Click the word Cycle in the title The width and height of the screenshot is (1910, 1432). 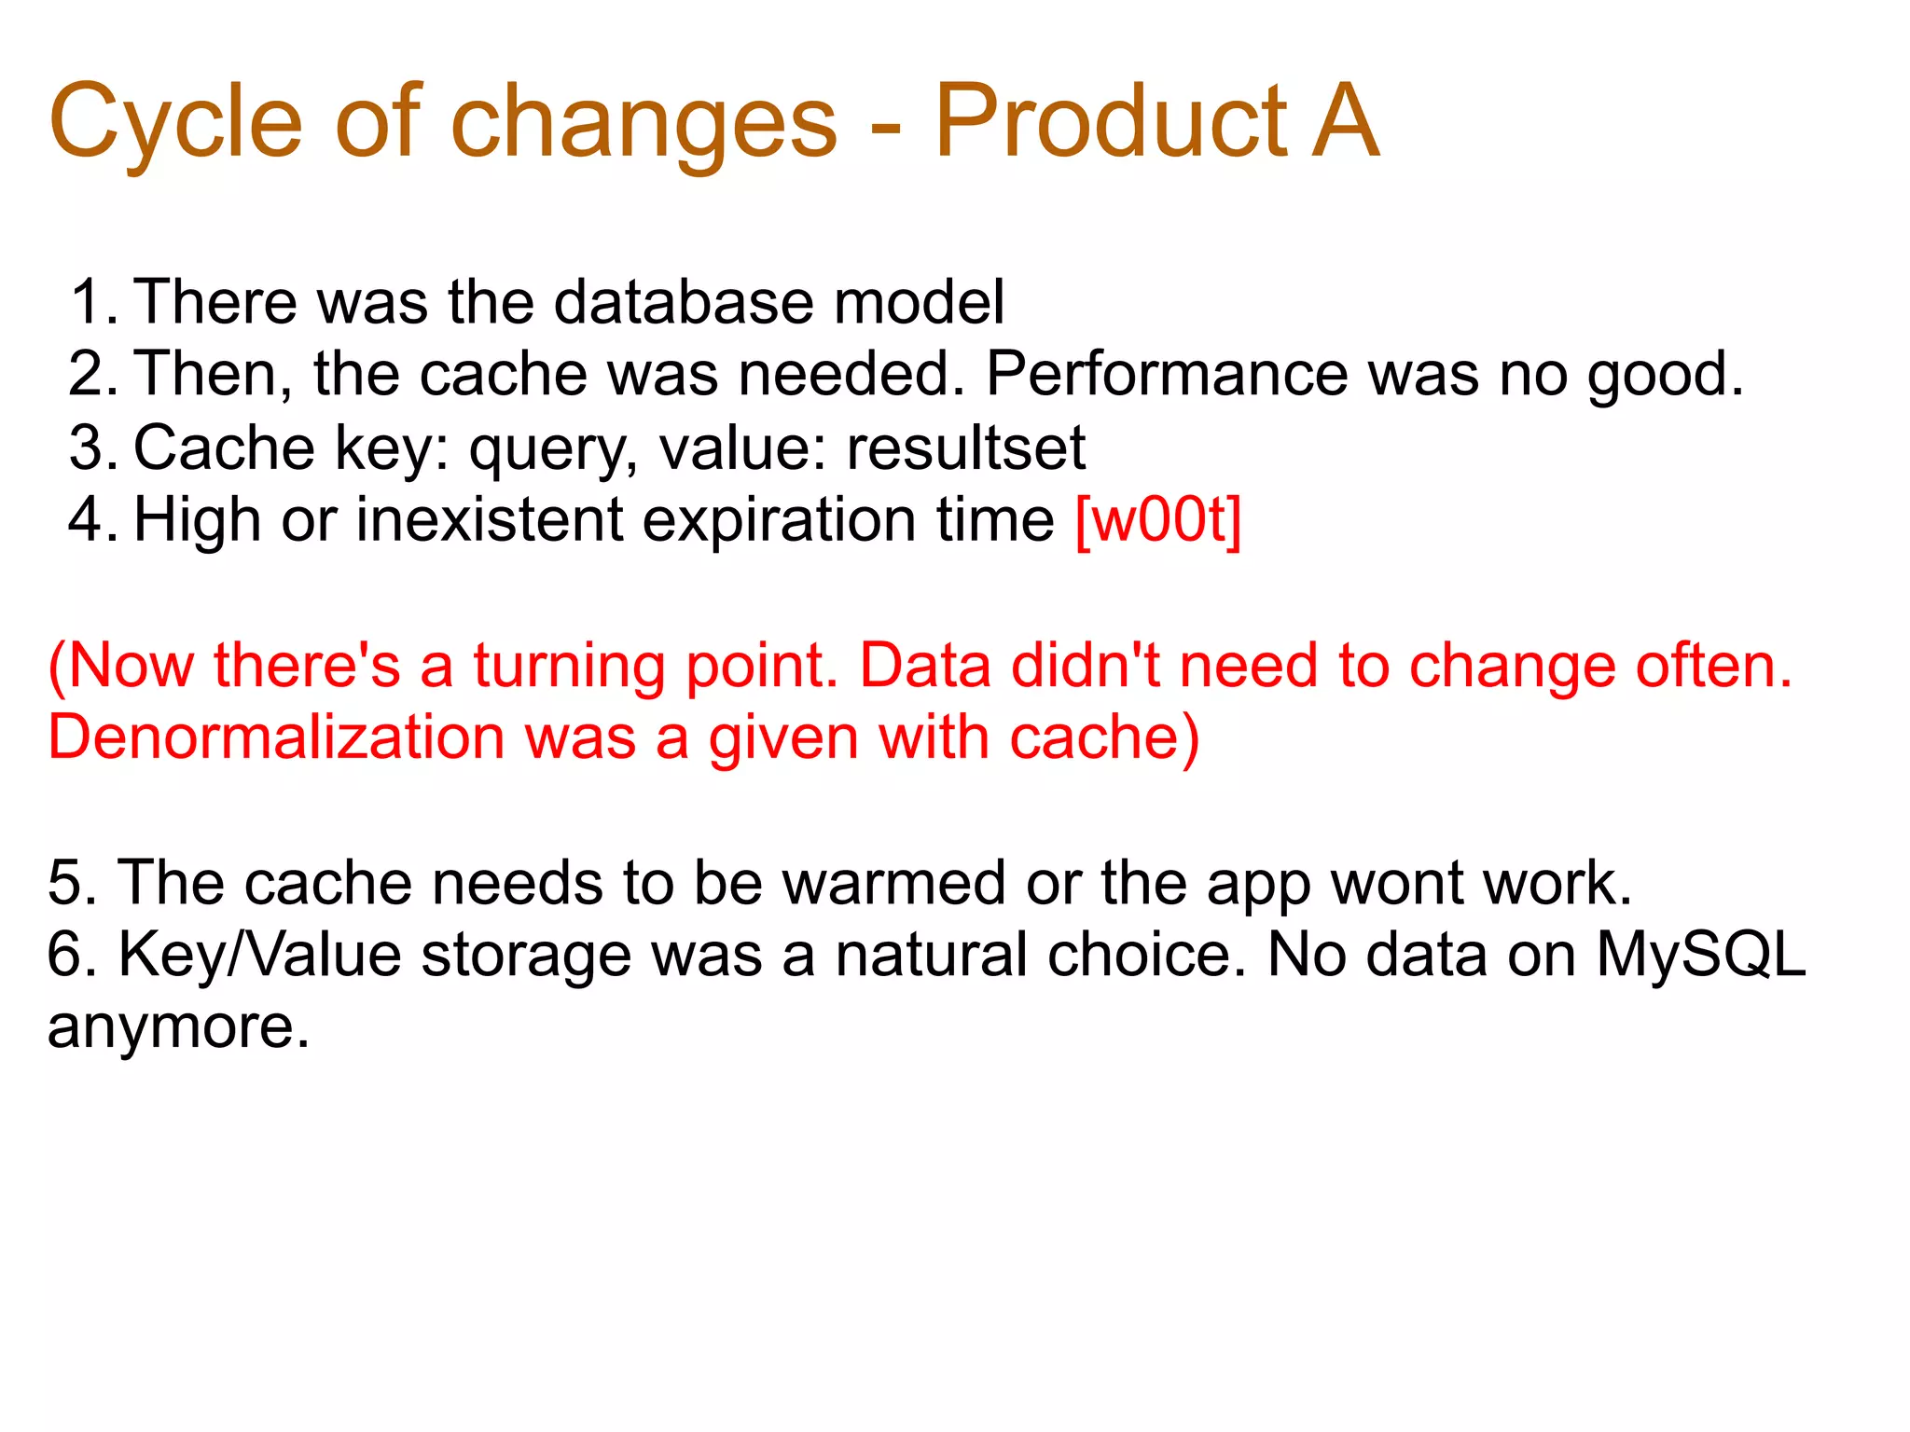click(175, 121)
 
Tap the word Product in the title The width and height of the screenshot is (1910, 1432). click(1111, 121)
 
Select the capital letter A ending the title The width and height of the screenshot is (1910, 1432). click(1344, 121)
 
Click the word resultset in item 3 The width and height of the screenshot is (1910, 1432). click(965, 447)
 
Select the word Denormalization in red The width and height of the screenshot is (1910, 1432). click(276, 737)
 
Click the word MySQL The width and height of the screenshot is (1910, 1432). click(1701, 955)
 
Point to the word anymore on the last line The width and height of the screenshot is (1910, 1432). click(177, 1028)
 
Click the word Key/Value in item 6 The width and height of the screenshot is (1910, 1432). click(259, 955)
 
